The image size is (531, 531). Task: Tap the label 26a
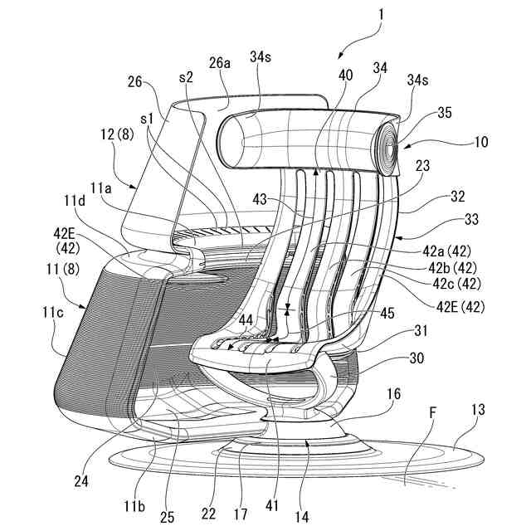[x=220, y=63]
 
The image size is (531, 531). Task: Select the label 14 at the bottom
[x=301, y=516]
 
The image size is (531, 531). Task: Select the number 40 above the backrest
[x=345, y=75]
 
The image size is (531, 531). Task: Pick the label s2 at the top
[x=186, y=76]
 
